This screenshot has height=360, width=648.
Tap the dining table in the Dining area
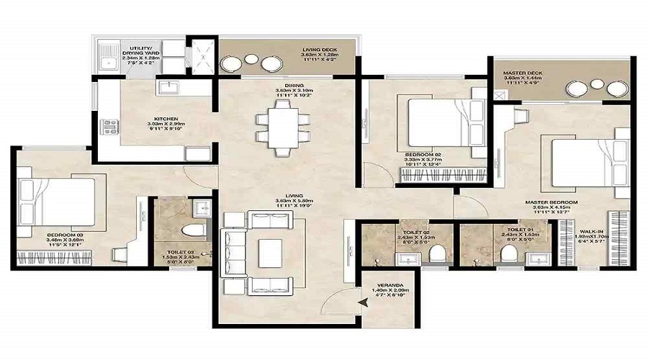coord(281,125)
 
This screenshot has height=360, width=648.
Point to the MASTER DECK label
coord(522,73)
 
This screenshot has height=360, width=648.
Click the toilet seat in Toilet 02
coord(434,254)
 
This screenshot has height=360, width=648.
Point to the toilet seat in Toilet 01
coord(508,254)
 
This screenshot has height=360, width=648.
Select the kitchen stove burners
coord(110,127)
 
